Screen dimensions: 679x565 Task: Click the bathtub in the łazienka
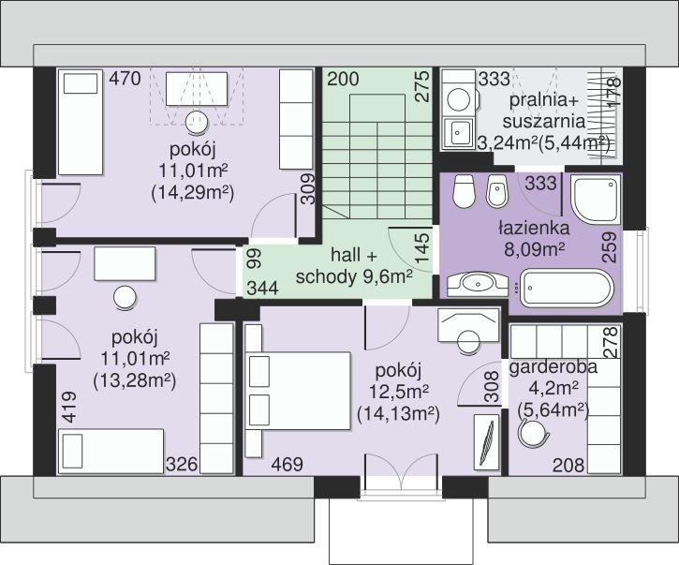[567, 289]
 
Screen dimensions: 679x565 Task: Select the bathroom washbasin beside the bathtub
[478, 284]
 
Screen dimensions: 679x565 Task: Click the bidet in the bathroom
[497, 191]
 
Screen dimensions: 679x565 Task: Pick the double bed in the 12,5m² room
[298, 391]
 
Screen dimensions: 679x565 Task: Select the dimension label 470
[125, 79]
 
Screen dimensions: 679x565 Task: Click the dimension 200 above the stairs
[343, 79]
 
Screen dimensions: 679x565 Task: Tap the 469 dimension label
[288, 465]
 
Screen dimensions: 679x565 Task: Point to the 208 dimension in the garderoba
[568, 466]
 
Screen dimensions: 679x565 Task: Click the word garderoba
[553, 367]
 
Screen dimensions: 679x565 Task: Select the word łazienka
[534, 227]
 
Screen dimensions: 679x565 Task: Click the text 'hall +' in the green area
[354, 256]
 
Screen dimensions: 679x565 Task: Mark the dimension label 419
[69, 407]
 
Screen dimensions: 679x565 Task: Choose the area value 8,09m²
[535, 248]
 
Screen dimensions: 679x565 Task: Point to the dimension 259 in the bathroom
[610, 247]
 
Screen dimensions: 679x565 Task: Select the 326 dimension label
[182, 465]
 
